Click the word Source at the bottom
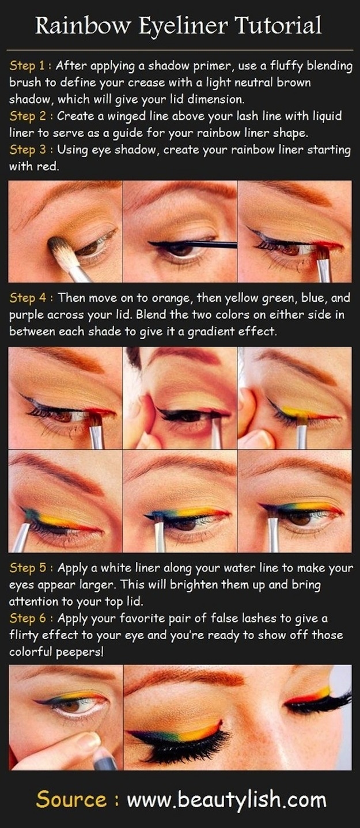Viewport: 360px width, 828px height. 71,800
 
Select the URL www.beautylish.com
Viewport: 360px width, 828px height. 226,800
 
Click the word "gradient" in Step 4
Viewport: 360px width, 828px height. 247,332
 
